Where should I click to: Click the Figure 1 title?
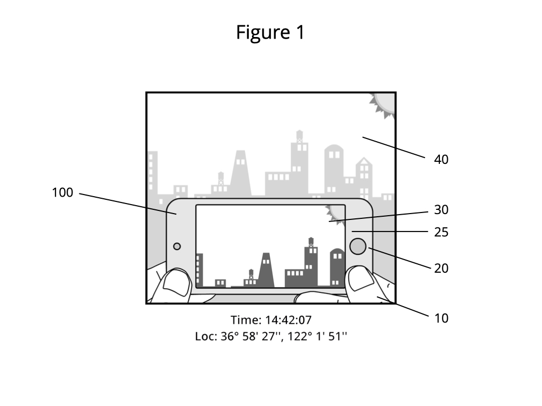[270, 32]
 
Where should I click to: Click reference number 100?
[62, 192]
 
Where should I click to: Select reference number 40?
[441, 160]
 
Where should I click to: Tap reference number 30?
[441, 210]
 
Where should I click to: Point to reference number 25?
[441, 233]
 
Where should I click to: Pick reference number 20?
[441, 268]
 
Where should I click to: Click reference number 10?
[441, 318]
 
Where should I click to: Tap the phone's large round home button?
[358, 246]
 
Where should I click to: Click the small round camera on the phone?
[177, 246]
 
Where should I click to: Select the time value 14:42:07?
[288, 320]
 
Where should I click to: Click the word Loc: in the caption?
[206, 336]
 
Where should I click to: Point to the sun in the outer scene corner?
[384, 104]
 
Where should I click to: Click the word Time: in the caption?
[246, 320]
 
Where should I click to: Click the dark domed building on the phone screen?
[337, 267]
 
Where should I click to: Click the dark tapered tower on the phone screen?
[266, 270]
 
